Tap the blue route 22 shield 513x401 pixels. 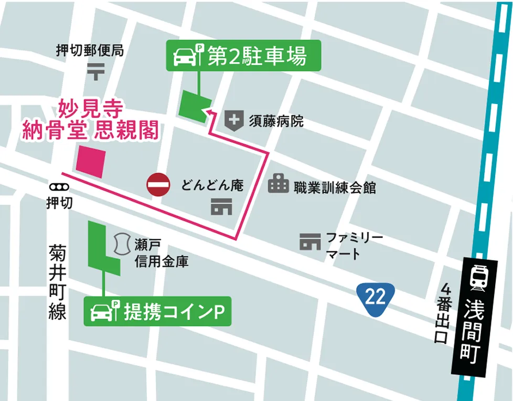[376, 298]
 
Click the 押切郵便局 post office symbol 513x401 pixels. [96, 71]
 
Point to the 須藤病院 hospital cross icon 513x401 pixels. [234, 121]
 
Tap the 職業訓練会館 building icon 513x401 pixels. [279, 184]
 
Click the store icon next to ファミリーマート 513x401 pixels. [310, 242]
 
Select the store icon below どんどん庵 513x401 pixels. [221, 207]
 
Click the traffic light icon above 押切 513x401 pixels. [58, 187]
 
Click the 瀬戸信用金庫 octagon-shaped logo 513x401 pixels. [122, 244]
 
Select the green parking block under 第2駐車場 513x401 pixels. [195, 106]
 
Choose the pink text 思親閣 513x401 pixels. [126, 131]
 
